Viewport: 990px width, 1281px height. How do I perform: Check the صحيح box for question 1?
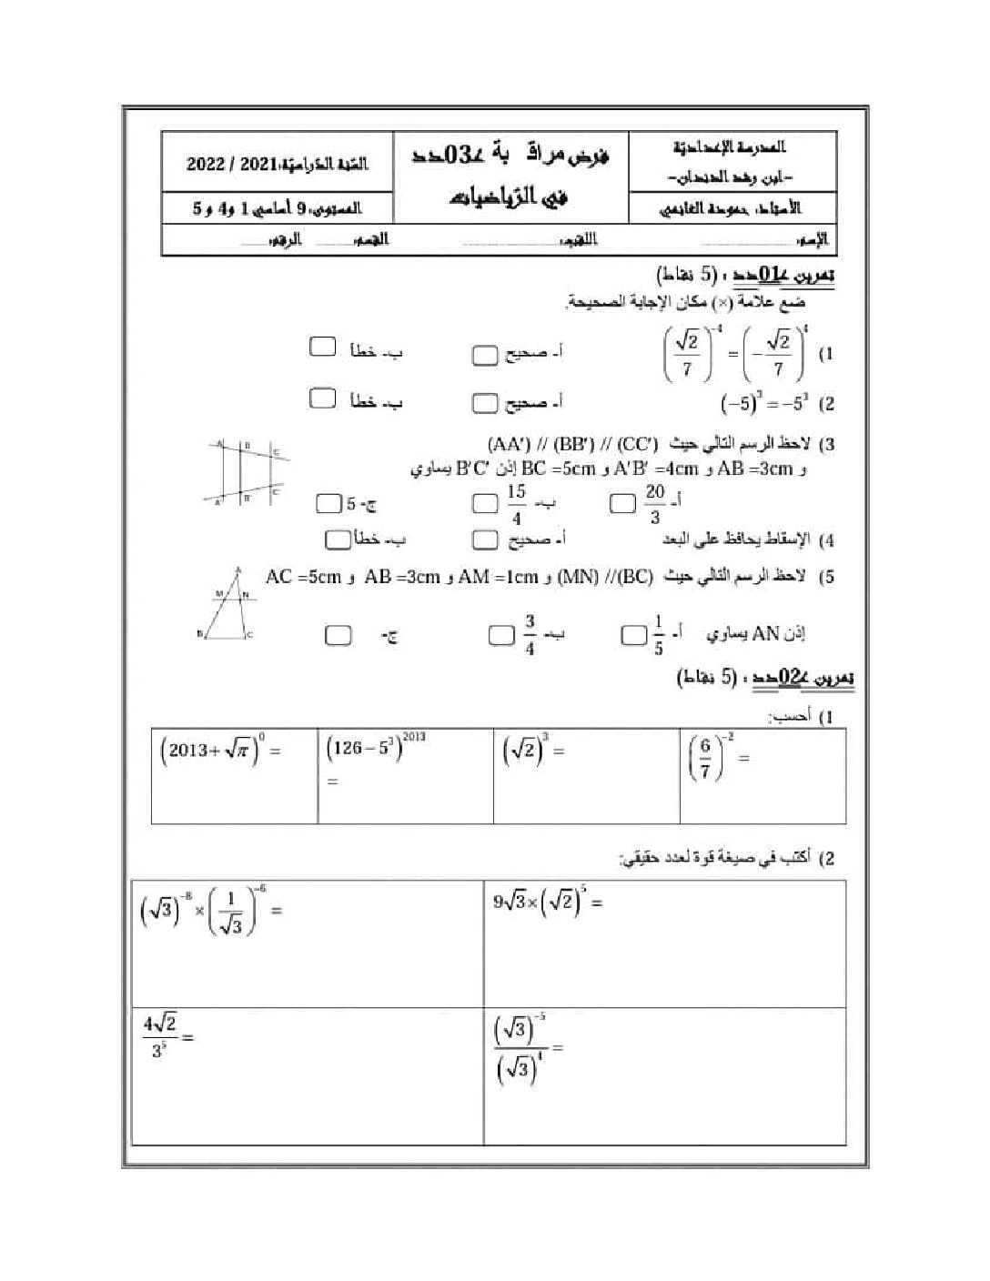point(485,355)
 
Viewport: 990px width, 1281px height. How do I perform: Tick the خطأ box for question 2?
point(322,398)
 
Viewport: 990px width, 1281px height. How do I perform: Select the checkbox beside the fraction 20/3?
point(623,503)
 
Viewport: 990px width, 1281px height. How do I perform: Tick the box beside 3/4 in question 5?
point(500,635)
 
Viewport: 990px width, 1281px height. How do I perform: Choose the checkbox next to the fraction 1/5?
point(632,635)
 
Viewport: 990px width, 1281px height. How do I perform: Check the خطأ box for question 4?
point(338,540)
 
